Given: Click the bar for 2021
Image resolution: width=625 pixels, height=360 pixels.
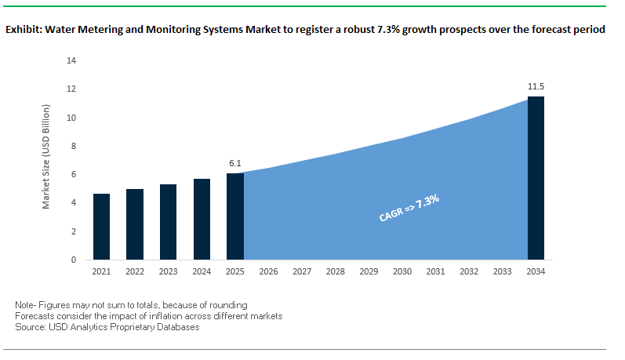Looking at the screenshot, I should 101,227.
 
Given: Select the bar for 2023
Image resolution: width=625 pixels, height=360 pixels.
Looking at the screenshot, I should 168,222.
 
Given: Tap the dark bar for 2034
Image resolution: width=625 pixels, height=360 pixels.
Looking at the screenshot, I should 536,178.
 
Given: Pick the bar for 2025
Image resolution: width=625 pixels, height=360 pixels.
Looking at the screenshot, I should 234,216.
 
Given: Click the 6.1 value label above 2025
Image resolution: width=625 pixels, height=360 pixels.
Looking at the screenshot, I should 234,163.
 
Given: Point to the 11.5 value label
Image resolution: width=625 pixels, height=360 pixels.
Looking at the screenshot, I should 536,85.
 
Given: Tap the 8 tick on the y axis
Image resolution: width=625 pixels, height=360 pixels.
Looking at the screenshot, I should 74,146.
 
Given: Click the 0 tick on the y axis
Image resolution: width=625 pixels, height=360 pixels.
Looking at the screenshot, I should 74,260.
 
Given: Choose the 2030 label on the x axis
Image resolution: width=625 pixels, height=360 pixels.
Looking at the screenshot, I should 402,271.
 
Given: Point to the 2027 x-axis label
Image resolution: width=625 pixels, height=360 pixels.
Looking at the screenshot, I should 302,271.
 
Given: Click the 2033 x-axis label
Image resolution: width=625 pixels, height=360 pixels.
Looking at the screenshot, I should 503,271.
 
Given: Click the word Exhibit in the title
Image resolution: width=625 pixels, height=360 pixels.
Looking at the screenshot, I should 24,30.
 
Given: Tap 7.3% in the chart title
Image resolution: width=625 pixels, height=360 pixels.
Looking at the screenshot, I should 384,30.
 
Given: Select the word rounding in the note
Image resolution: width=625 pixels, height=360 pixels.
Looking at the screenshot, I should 229,304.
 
